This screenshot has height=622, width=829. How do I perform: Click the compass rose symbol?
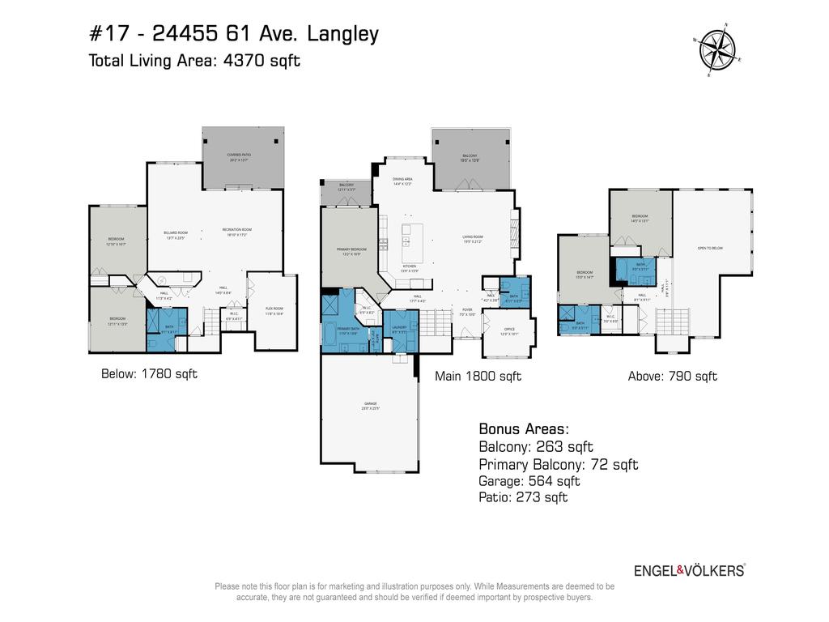[x=716, y=49]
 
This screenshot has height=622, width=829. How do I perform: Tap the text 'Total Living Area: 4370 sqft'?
[x=194, y=60]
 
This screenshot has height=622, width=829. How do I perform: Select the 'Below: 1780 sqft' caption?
[x=149, y=374]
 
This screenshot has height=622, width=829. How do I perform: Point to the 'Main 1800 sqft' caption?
[x=478, y=376]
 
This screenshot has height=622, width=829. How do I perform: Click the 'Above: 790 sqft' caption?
[x=673, y=376]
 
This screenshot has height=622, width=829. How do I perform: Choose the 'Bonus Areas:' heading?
[x=524, y=428]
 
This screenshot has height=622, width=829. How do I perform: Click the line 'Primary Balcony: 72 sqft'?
[x=559, y=464]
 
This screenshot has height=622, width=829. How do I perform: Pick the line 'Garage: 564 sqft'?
[x=529, y=481]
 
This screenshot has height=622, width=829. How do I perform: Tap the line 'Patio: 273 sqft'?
[x=523, y=497]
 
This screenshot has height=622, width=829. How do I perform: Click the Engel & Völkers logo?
[x=689, y=570]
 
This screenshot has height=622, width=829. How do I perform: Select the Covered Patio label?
[x=242, y=158]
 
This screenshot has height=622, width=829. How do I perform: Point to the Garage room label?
[x=370, y=406]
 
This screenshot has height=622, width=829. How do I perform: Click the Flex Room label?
[x=274, y=310]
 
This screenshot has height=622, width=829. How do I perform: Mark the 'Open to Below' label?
[x=709, y=248]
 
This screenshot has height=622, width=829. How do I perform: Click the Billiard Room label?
[x=176, y=234]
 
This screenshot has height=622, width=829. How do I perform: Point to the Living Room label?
[x=473, y=237]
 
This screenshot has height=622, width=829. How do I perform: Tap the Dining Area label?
[x=402, y=181]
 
